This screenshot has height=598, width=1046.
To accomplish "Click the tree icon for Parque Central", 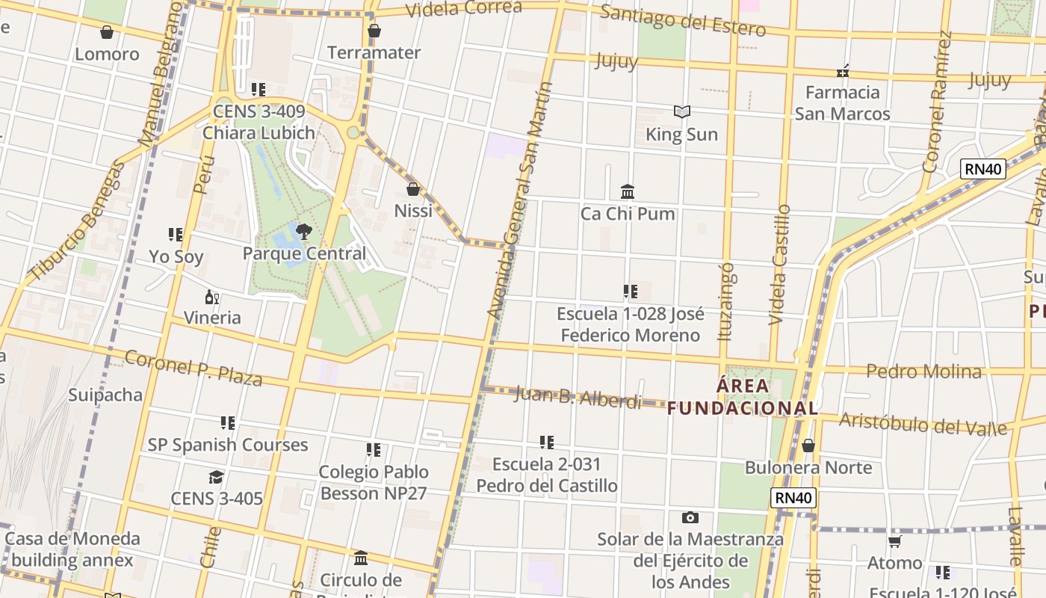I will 303,231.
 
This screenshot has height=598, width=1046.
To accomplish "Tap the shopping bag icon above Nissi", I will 413,189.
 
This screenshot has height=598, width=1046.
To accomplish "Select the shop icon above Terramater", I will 374,31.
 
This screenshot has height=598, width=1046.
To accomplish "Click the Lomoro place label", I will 107,54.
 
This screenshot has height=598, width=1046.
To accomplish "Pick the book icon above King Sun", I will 681,112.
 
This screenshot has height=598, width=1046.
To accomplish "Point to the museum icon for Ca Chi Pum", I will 628,192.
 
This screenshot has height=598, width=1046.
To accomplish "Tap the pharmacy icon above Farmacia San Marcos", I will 843,71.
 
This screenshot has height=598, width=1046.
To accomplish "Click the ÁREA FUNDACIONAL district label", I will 743,397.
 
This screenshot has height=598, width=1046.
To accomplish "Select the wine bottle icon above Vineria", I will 212,298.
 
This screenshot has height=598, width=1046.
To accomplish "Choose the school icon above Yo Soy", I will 176,235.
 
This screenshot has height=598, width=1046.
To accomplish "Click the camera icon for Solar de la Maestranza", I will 690,517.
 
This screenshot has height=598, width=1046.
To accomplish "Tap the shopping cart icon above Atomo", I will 894,541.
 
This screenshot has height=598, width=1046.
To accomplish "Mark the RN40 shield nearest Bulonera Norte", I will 793,498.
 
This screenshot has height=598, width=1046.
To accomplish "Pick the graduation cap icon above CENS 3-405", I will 216,477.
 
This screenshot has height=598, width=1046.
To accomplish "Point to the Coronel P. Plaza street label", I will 193,368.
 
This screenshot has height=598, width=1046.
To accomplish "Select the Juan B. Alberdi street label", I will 578,398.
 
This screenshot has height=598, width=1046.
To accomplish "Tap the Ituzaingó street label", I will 725,300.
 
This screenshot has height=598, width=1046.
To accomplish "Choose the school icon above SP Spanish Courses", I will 228,423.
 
